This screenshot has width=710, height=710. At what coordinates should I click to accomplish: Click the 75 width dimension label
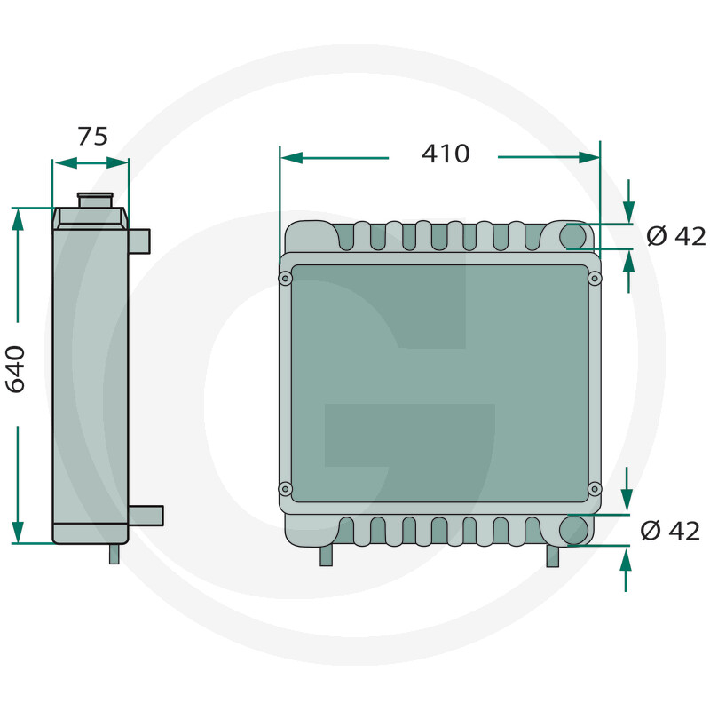click(x=92, y=136)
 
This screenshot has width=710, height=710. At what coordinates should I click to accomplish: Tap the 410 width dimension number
click(x=445, y=154)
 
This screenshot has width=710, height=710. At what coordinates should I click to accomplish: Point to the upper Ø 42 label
click(x=675, y=236)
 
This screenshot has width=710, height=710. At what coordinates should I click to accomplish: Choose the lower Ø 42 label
click(x=670, y=531)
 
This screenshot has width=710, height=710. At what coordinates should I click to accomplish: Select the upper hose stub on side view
click(x=139, y=240)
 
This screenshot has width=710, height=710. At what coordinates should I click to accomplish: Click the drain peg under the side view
click(x=114, y=553)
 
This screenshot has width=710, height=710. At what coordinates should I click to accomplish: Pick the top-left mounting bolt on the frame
click(x=285, y=279)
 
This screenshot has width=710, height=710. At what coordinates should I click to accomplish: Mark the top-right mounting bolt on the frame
click(x=595, y=279)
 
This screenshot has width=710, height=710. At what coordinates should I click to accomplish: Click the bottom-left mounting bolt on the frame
click(x=285, y=489)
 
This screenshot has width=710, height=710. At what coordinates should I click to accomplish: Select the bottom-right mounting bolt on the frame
click(x=595, y=489)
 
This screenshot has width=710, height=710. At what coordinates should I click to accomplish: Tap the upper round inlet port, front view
click(x=573, y=236)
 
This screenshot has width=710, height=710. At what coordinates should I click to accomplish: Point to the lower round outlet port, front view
click(x=574, y=530)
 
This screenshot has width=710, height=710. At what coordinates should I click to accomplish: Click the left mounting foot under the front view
click(x=326, y=555)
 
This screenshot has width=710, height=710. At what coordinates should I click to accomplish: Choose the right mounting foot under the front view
click(x=553, y=556)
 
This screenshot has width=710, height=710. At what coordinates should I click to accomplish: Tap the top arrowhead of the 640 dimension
click(x=18, y=218)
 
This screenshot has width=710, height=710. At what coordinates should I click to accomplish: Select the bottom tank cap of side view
click(x=91, y=532)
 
